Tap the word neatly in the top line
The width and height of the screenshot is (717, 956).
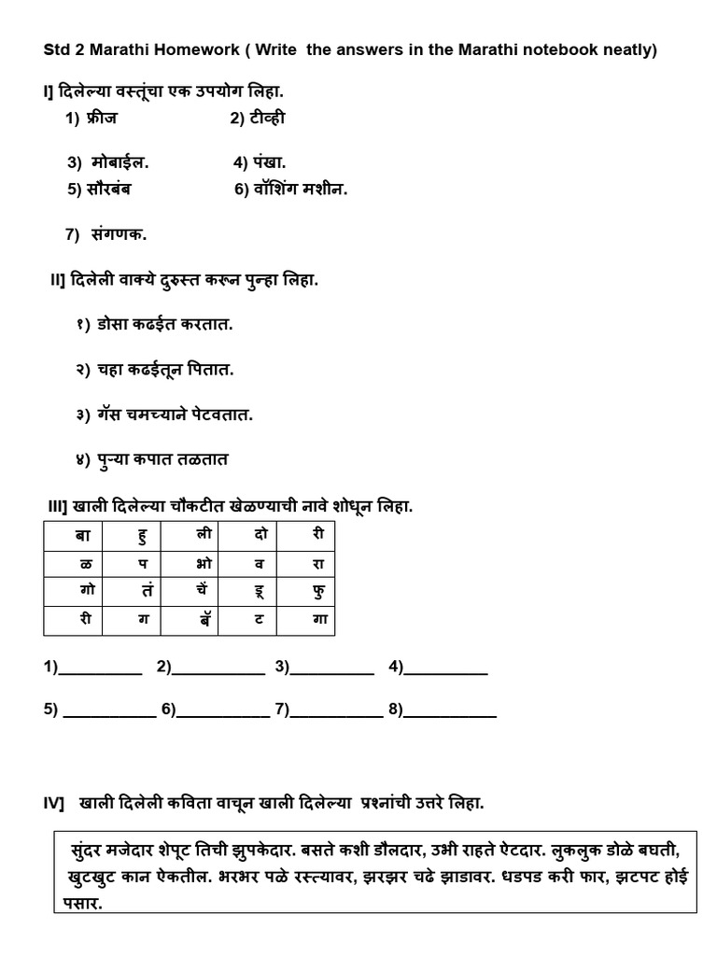[626, 50]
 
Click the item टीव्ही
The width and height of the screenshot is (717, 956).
[267, 119]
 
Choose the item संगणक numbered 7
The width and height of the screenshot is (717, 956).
[119, 234]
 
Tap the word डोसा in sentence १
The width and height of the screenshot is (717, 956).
[117, 325]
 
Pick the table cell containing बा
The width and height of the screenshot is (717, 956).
[74, 535]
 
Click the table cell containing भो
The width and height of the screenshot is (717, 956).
[204, 564]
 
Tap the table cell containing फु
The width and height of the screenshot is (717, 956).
[319, 592]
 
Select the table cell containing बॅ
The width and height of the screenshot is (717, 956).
[204, 620]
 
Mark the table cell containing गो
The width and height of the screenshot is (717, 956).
[74, 592]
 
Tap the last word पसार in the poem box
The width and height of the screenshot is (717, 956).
[82, 904]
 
